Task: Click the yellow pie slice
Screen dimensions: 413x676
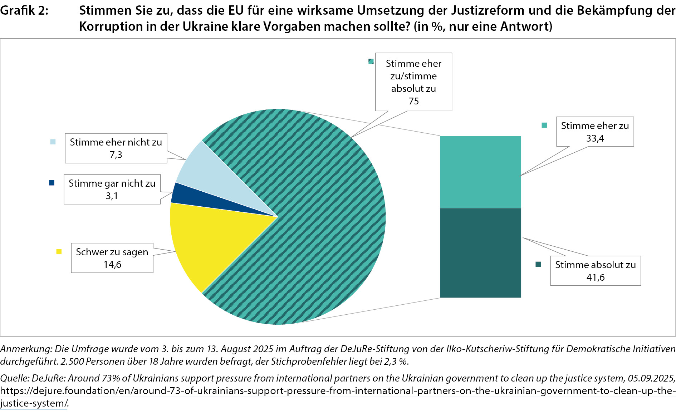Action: [200, 243]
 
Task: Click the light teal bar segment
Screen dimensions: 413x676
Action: [480, 172]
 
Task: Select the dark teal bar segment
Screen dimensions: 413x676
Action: [480, 253]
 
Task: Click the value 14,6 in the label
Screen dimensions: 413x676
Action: [112, 265]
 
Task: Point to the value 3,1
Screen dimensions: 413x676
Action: [112, 196]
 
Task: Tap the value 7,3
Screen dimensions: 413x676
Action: [116, 155]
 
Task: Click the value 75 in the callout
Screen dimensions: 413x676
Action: [413, 101]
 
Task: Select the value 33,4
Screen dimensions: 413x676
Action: [595, 138]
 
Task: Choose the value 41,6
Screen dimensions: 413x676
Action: [596, 277]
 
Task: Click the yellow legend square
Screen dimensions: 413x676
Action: [59, 252]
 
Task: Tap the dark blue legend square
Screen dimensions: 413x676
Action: [52, 183]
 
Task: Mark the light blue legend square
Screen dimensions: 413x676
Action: [53, 142]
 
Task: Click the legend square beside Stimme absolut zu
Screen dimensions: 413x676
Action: [538, 265]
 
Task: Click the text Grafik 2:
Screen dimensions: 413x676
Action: [24, 11]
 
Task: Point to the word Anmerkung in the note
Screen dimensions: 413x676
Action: [26, 349]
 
